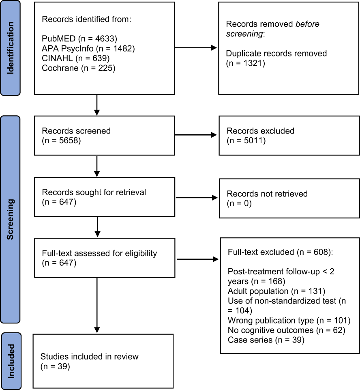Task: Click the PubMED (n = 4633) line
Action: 79,39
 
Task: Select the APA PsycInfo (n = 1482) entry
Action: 88,49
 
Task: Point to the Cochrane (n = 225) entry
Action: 79,68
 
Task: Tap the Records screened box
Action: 105,136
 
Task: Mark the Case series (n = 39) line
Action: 266,340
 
